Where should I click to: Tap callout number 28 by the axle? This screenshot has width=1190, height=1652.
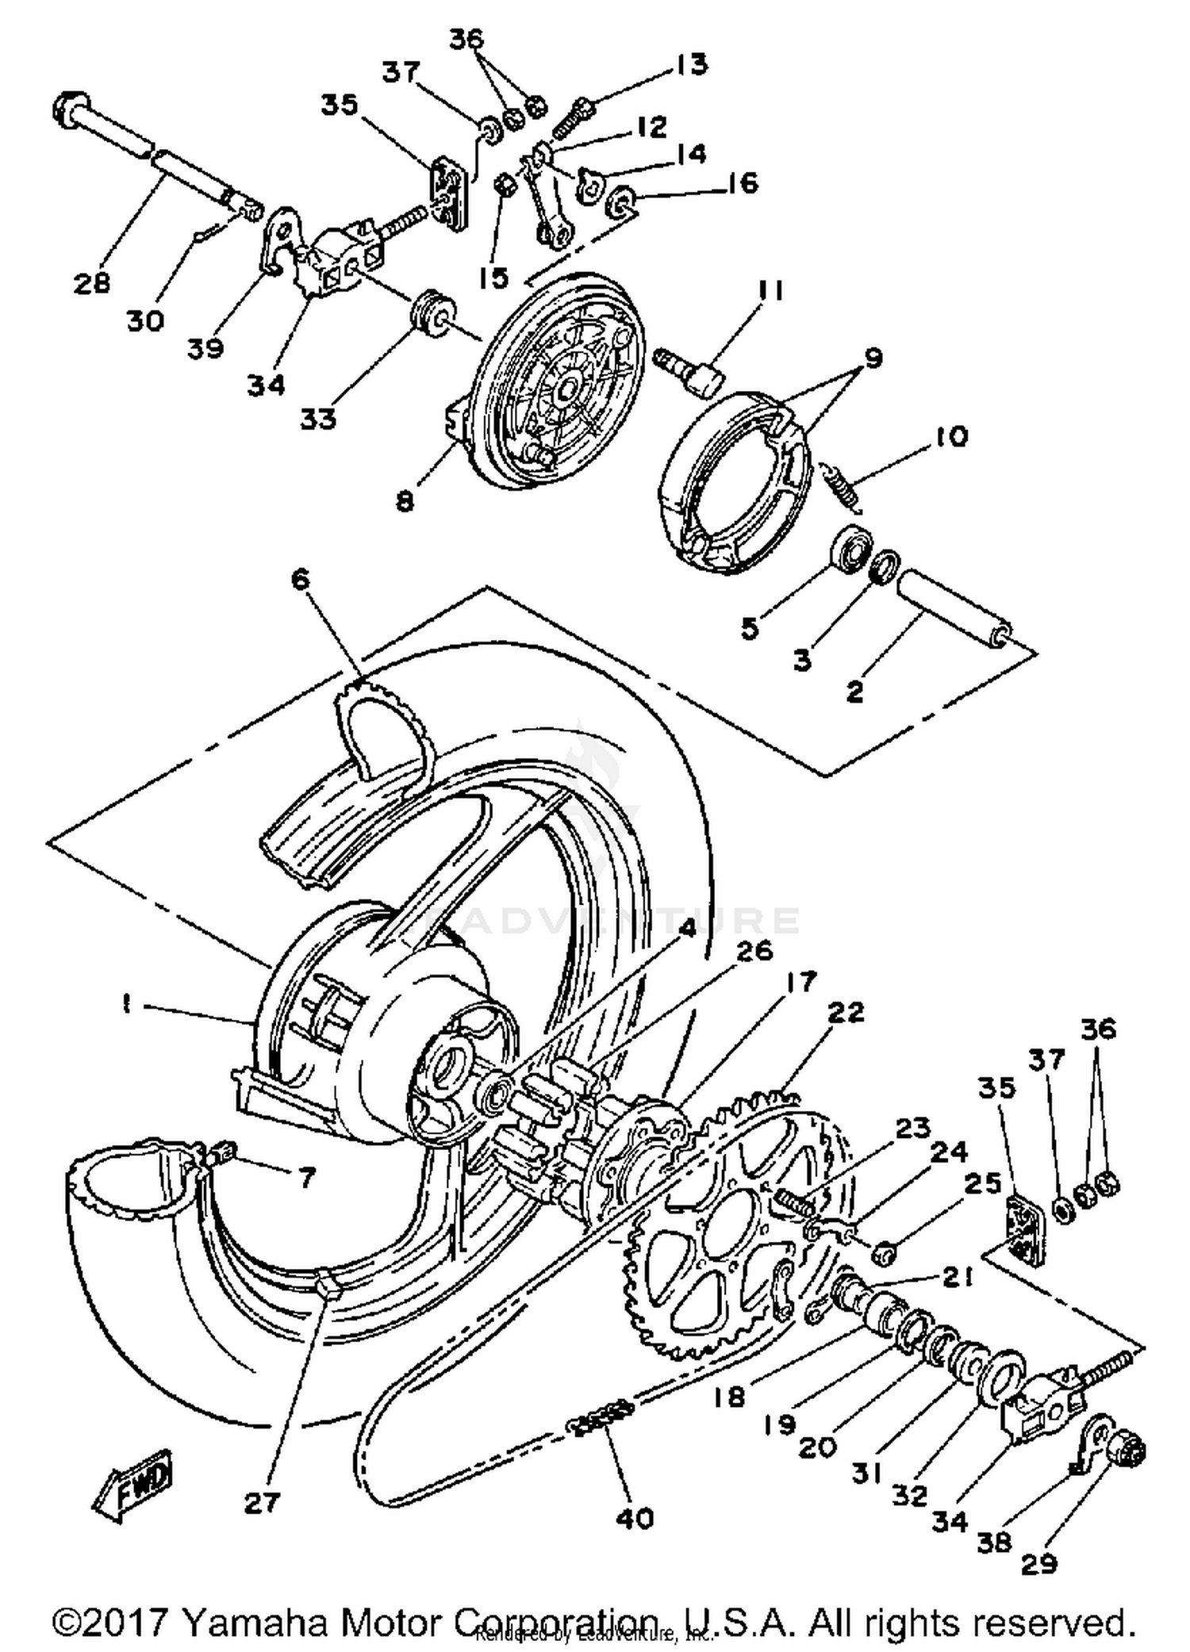[x=92, y=282]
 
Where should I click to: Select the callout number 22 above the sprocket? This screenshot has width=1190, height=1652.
[x=846, y=1013]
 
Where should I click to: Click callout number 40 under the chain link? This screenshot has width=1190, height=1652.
[x=635, y=1519]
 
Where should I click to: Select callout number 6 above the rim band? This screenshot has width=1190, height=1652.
[x=301, y=580]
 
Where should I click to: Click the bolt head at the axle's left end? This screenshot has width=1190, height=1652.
[x=69, y=109]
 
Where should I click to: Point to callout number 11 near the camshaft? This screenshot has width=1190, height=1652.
[x=767, y=291]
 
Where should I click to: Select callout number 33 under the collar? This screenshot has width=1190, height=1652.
[x=318, y=418]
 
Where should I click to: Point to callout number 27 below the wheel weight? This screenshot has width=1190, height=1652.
[x=262, y=1502]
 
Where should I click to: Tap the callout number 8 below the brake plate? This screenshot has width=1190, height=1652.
[x=405, y=501]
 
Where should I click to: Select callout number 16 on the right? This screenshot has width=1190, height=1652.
[x=742, y=183]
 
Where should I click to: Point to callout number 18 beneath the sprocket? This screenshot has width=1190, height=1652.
[x=729, y=1397]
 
